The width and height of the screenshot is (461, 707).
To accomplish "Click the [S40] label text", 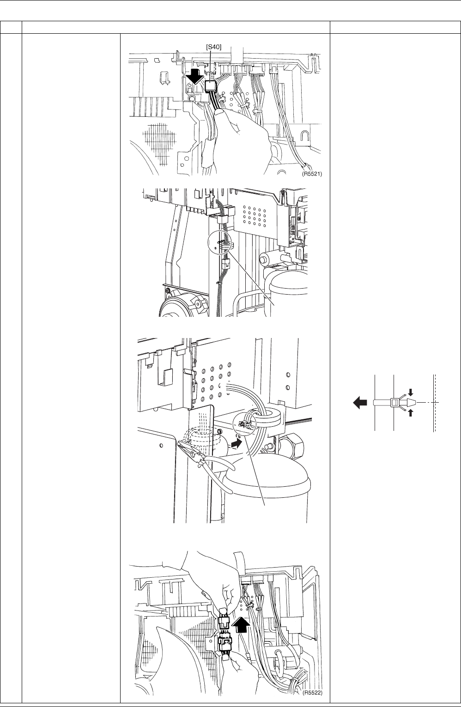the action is click(x=213, y=47).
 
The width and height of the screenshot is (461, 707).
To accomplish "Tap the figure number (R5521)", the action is click(x=312, y=174).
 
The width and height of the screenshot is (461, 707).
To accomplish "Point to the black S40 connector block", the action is click(x=210, y=86).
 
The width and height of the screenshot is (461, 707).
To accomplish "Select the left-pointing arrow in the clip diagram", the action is click(x=360, y=403).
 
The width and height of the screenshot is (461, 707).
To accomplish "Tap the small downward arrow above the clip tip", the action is click(x=411, y=393).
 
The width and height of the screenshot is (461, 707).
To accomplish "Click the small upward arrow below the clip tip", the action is click(x=411, y=412).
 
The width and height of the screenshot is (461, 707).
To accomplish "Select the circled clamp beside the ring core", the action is click(x=245, y=423).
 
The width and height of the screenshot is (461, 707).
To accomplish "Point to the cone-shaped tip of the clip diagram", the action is click(x=411, y=402).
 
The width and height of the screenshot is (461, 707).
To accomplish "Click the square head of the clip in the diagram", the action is click(x=394, y=402).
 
